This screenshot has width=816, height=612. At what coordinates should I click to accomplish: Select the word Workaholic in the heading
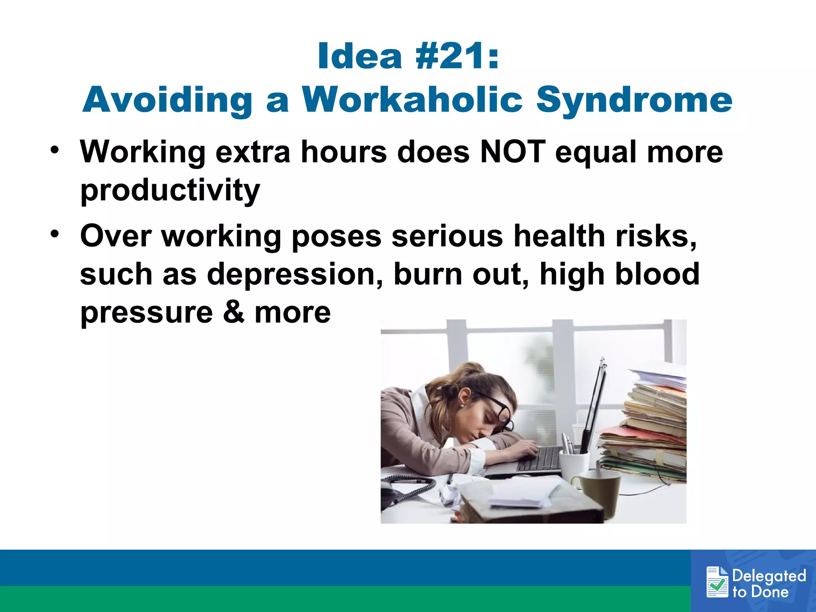(x=412, y=100)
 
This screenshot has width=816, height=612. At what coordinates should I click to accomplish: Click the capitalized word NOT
(x=512, y=152)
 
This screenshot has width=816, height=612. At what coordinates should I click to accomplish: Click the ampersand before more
(x=233, y=312)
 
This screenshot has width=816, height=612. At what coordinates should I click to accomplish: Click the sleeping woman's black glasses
(x=498, y=410)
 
